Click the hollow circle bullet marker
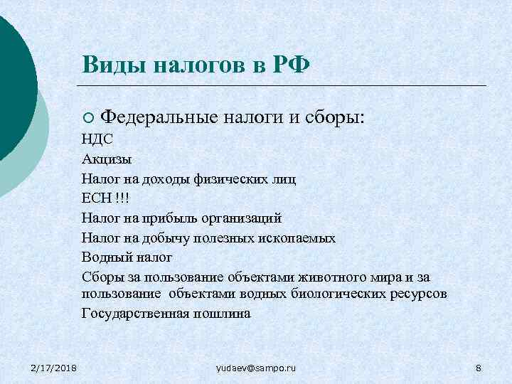87,117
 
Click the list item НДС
97,141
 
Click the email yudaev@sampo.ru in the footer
256,367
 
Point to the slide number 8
478,367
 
